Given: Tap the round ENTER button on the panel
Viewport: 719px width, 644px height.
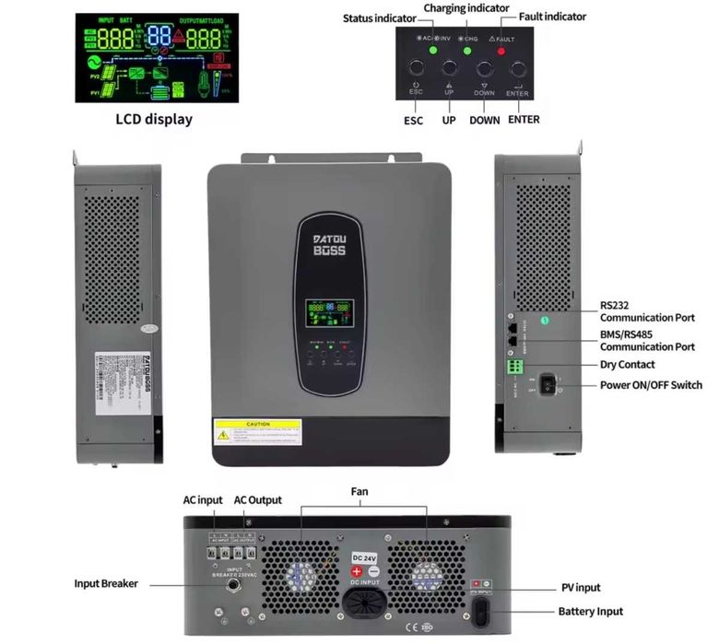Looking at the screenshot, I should (517, 69).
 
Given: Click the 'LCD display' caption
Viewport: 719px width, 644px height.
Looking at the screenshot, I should (154, 119).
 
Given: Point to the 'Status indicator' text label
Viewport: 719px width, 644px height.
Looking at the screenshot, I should (380, 18).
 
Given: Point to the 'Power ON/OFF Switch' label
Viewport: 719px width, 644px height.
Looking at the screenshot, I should (651, 385).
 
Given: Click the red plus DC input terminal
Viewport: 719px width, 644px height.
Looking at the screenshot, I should (359, 572).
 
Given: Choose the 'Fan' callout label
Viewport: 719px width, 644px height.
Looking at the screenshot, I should (359, 492).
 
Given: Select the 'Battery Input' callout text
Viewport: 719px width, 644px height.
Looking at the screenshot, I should (590, 611).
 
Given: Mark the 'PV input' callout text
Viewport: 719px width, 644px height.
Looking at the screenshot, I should (580, 587).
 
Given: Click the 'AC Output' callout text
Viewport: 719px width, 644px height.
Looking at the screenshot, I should (258, 500).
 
